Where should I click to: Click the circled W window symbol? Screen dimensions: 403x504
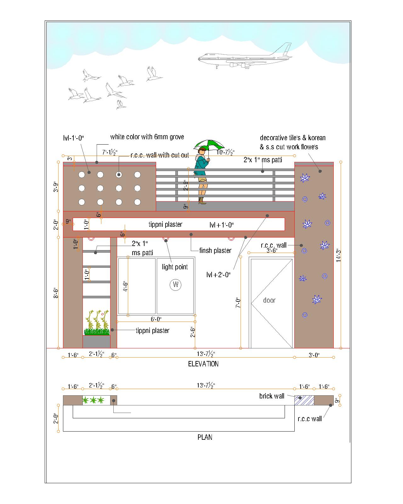(x=175, y=284)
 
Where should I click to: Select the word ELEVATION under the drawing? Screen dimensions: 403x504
(x=203, y=364)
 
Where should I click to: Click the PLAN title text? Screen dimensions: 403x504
(x=205, y=437)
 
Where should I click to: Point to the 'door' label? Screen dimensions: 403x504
(x=269, y=300)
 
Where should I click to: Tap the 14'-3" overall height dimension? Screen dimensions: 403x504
(x=338, y=255)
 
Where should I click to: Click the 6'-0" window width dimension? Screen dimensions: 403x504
(x=156, y=319)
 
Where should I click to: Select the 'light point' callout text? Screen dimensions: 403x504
(x=175, y=267)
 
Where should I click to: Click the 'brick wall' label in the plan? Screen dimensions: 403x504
(x=272, y=396)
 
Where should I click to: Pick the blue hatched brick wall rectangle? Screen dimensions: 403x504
(x=304, y=400)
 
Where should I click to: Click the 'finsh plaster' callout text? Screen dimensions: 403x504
(x=215, y=251)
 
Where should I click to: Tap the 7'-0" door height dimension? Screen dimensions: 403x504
(x=238, y=303)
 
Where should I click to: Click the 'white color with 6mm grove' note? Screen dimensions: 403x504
(x=147, y=137)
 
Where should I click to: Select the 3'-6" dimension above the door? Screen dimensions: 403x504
(x=272, y=250)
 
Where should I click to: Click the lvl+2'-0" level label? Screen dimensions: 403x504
(x=218, y=275)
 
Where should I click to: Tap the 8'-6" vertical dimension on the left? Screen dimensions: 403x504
(x=56, y=293)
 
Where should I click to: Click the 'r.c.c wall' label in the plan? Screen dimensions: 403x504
(x=309, y=419)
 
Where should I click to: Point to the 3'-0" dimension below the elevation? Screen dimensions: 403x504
(x=314, y=355)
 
